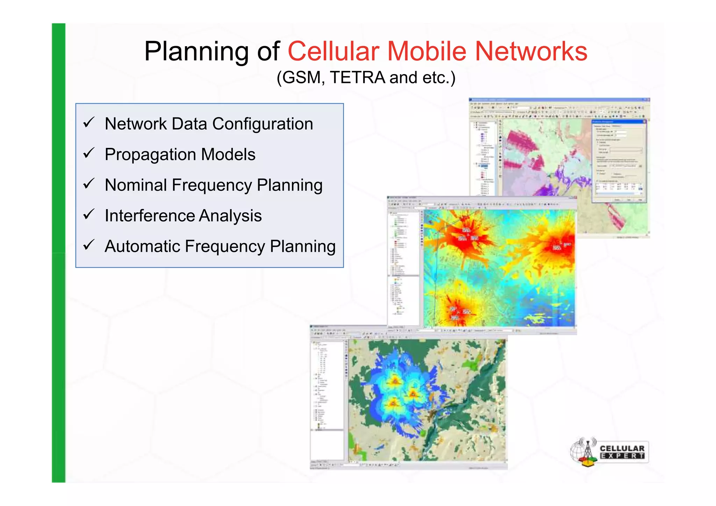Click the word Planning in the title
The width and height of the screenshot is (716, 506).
tap(196, 51)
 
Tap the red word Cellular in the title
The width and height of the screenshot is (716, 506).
tap(333, 51)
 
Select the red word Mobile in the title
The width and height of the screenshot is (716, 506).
tap(427, 51)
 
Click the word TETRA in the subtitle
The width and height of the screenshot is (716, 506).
tap(357, 77)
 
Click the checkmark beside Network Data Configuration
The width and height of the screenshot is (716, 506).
tap(89, 122)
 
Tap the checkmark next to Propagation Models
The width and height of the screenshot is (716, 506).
tap(89, 153)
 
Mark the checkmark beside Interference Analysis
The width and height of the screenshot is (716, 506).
tap(89, 214)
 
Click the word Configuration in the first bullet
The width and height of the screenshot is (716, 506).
tap(263, 124)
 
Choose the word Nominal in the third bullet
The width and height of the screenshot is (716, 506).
tap(136, 185)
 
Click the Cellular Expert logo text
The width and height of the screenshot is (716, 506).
tap(622, 452)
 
